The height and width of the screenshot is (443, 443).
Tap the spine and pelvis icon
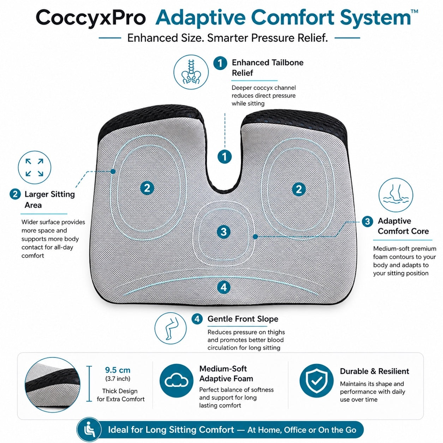click(x=191, y=72)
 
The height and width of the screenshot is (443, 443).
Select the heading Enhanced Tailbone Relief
click(x=267, y=67)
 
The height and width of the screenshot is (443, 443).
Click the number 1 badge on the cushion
click(x=225, y=157)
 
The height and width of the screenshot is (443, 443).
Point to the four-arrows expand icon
click(x=35, y=167)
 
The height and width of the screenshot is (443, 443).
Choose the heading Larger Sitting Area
click(x=50, y=199)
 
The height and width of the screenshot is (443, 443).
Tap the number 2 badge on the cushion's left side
click(x=147, y=188)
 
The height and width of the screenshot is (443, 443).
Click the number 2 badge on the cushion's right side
click(x=299, y=189)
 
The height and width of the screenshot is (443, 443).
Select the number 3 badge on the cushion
click(x=224, y=232)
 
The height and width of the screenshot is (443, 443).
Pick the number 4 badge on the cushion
click(x=224, y=287)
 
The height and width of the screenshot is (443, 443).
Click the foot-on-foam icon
click(x=396, y=195)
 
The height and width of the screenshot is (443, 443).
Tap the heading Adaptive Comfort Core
click(x=403, y=226)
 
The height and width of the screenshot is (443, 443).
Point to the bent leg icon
click(x=170, y=328)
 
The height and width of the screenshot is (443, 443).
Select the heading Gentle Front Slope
click(x=243, y=319)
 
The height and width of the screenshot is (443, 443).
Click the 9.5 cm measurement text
click(x=118, y=370)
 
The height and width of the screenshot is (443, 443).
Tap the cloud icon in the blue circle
click(x=176, y=381)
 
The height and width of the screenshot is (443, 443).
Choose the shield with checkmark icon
click(x=317, y=381)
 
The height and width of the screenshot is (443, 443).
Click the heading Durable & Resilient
click(x=375, y=371)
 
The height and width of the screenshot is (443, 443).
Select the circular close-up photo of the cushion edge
click(x=52, y=385)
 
